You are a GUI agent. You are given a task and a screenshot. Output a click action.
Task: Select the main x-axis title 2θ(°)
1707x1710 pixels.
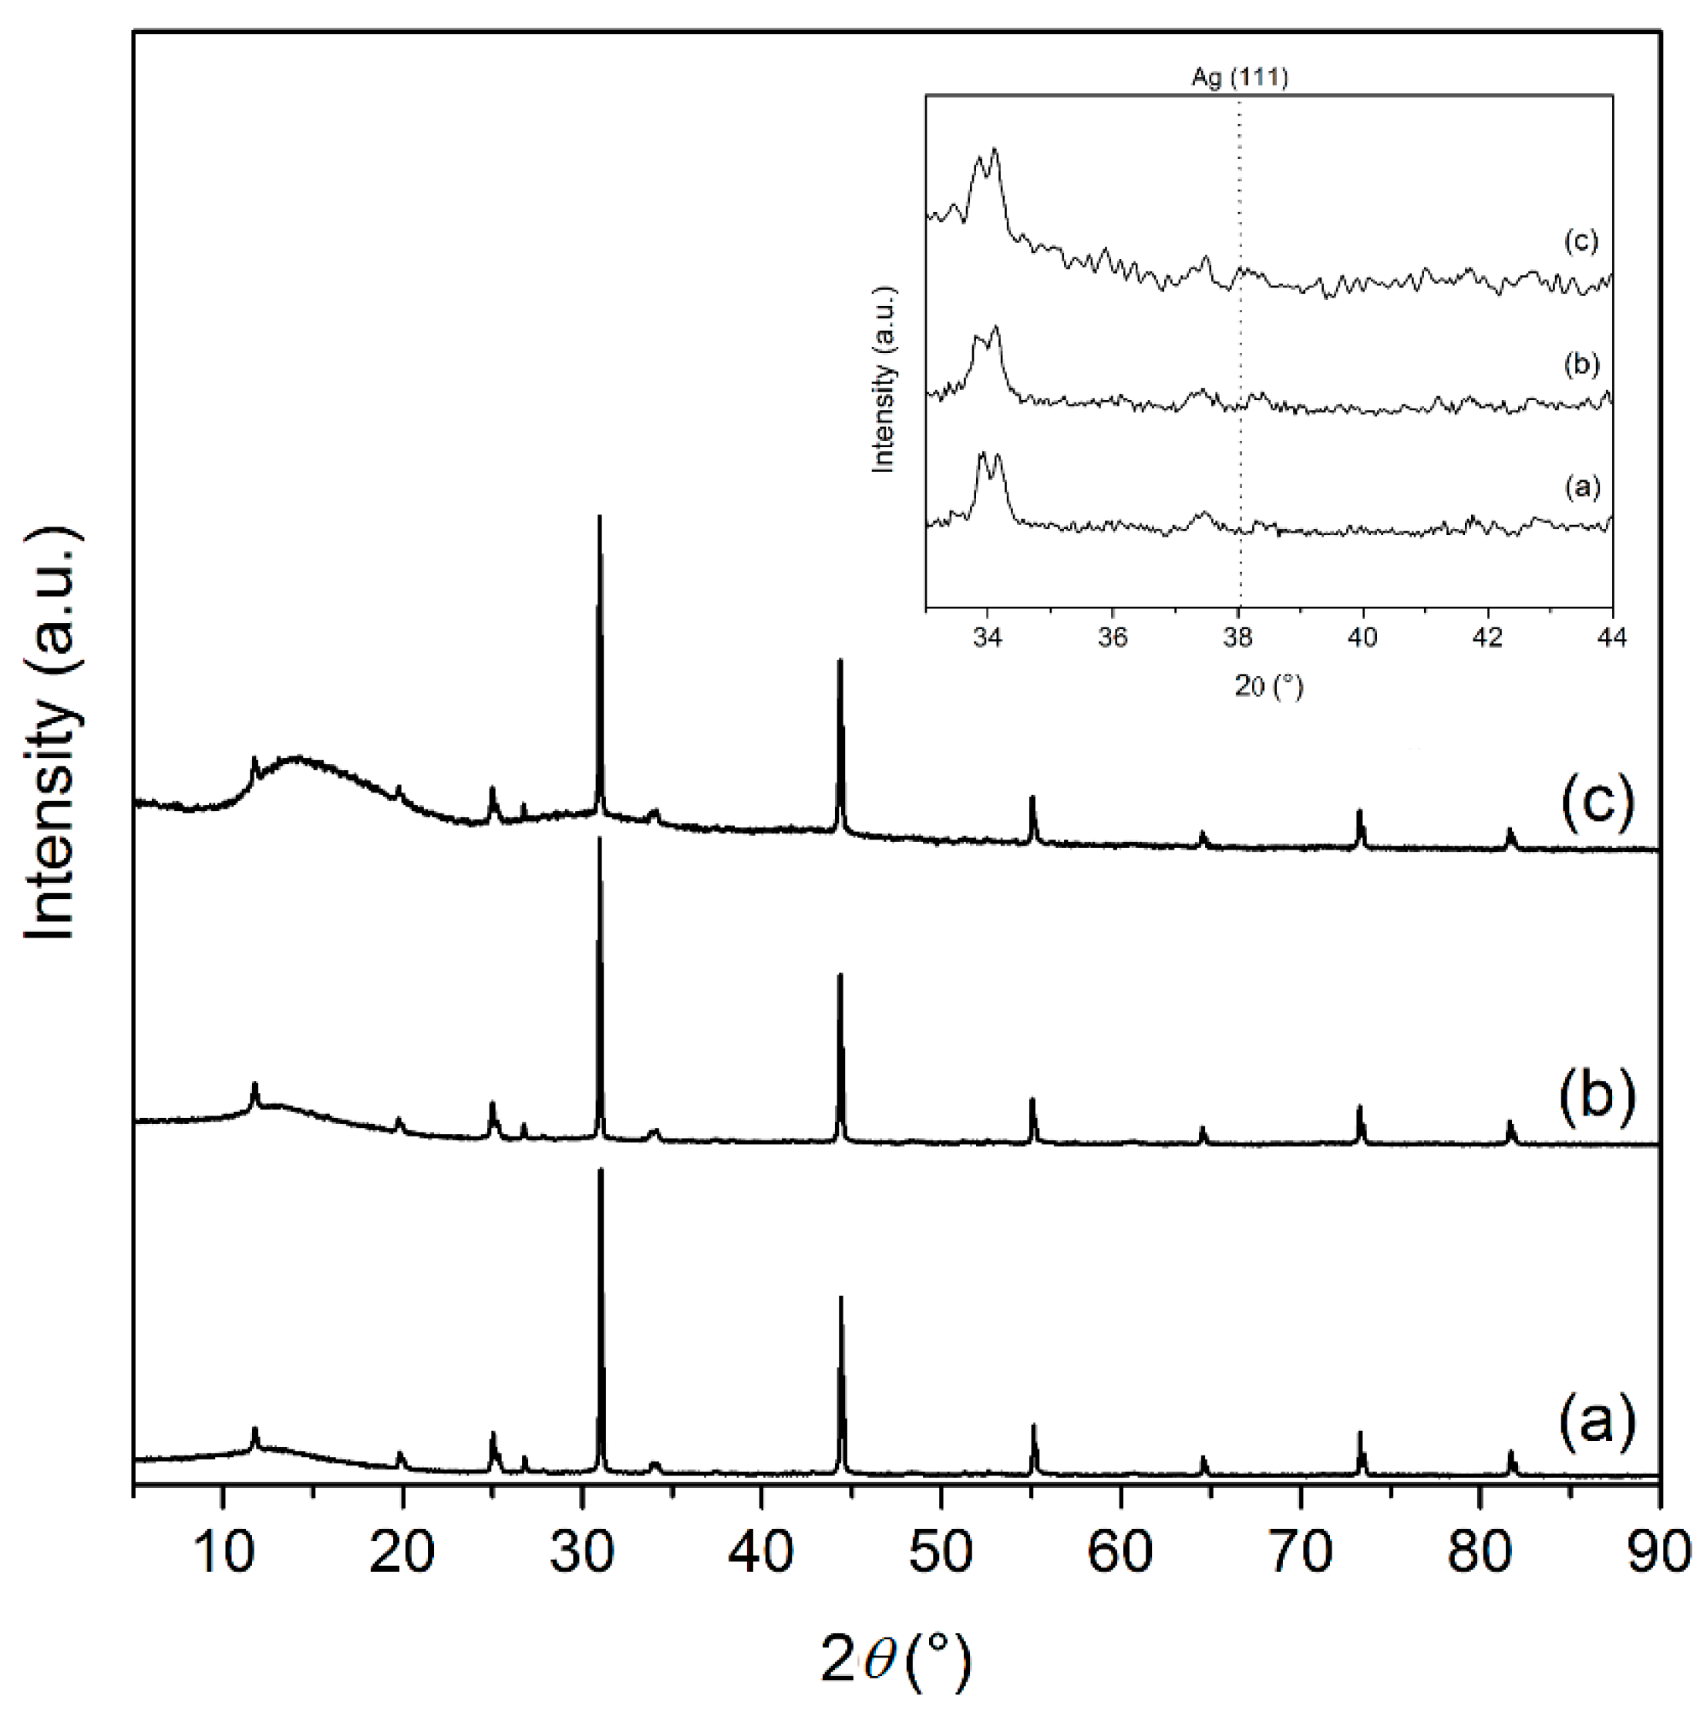coord(896,1661)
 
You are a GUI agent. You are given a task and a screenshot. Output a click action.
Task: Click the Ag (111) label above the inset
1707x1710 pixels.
coord(1239,78)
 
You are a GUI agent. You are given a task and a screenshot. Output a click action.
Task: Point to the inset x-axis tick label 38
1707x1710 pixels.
coord(1238,638)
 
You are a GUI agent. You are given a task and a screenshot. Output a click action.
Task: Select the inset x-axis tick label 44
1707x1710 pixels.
coord(1612,638)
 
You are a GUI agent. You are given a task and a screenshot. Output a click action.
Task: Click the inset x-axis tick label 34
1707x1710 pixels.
coord(988,638)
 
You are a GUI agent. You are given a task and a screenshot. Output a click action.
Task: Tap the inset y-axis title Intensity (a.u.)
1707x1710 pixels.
coord(883,379)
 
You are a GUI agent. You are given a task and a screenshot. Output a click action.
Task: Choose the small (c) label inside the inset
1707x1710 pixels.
coord(1581,241)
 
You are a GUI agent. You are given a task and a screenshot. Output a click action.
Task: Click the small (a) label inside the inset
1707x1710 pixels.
coord(1581,486)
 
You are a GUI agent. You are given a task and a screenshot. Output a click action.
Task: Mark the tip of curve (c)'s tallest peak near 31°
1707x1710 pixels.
coord(600,516)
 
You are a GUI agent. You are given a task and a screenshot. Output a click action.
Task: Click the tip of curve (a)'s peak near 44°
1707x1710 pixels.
coord(840,1298)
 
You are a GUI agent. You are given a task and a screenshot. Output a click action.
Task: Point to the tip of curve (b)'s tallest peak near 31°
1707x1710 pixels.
coord(600,837)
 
